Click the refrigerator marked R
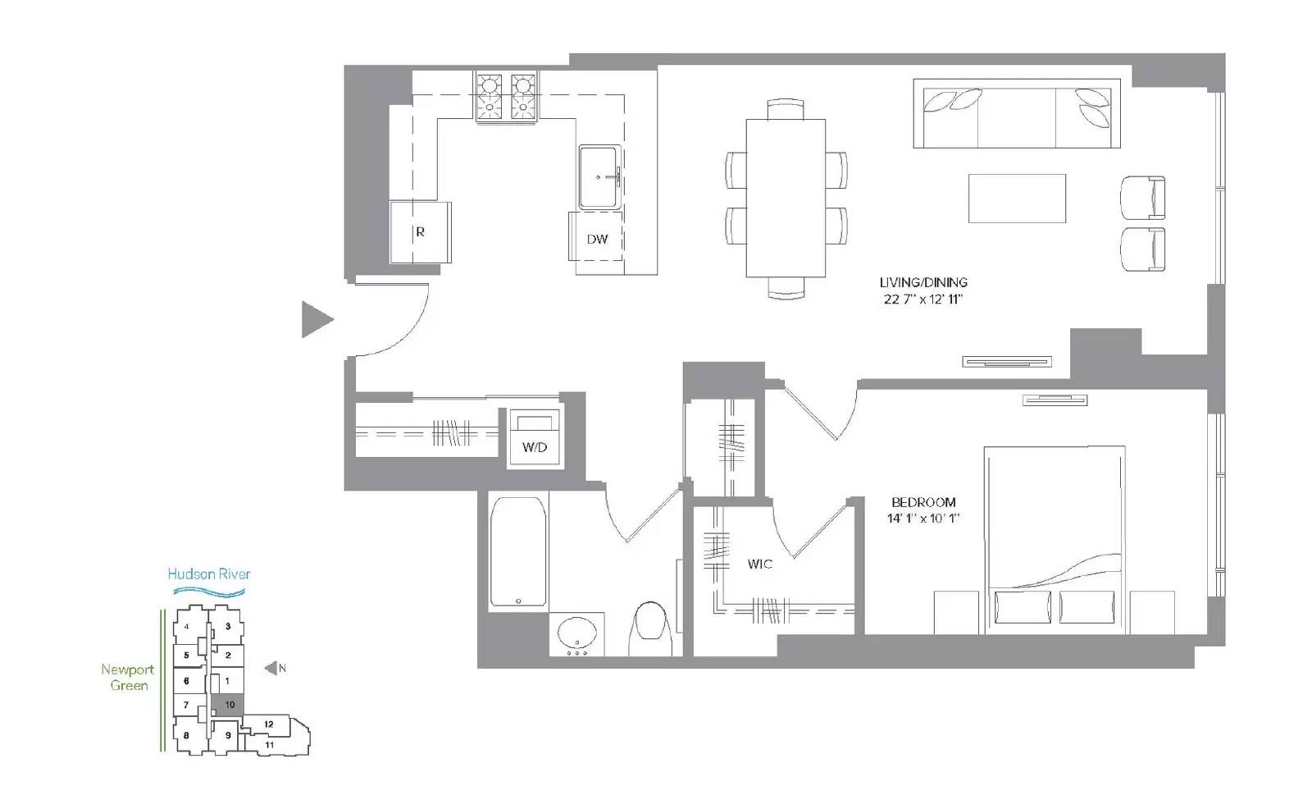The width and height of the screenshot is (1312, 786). [x=421, y=232]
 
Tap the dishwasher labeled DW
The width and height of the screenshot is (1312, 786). [x=596, y=237]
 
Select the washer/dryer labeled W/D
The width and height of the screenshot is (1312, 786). [x=535, y=438]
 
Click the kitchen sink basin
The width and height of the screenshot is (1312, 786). [x=599, y=177]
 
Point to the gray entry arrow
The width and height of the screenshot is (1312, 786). [x=317, y=319]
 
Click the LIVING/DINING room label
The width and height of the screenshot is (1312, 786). [x=923, y=282]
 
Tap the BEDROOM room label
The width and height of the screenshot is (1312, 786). [x=923, y=502]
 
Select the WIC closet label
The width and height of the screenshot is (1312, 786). [x=759, y=564]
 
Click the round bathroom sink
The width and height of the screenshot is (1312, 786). [x=577, y=633]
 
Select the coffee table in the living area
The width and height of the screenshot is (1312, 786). [x=1017, y=198]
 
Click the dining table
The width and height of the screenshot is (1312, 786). [x=786, y=198]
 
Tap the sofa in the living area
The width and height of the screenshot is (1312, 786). [x=1017, y=113]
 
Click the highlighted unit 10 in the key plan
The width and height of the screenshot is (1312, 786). [x=227, y=705]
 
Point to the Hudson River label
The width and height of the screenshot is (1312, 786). [x=209, y=574]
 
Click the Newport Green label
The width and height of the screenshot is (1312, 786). [x=128, y=678]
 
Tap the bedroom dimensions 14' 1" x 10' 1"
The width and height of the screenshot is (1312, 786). [x=923, y=519]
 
